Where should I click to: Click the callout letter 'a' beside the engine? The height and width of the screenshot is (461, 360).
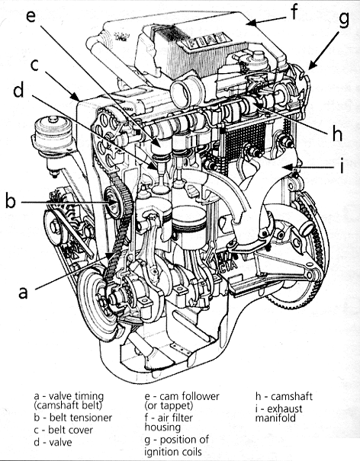pos(23,293)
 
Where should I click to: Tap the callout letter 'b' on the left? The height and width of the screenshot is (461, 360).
pos(11,200)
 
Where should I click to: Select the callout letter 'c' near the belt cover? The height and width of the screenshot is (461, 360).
pos(35,65)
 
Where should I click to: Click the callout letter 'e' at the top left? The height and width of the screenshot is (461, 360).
pos(31,15)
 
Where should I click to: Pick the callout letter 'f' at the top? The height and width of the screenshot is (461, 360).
pos(294,11)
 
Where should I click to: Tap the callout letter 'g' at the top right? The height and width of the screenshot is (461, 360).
pos(344,19)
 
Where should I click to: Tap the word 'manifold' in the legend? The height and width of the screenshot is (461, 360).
pos(275,418)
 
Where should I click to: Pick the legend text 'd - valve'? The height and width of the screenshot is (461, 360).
pos(53,442)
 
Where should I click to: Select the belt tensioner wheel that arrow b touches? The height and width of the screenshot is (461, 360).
pos(113,203)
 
